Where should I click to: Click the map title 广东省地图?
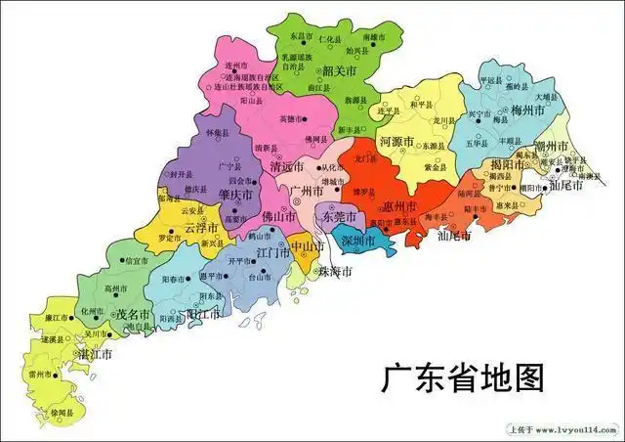(x=462, y=377)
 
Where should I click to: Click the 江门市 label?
(x=272, y=252)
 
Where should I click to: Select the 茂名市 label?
(x=133, y=315)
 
